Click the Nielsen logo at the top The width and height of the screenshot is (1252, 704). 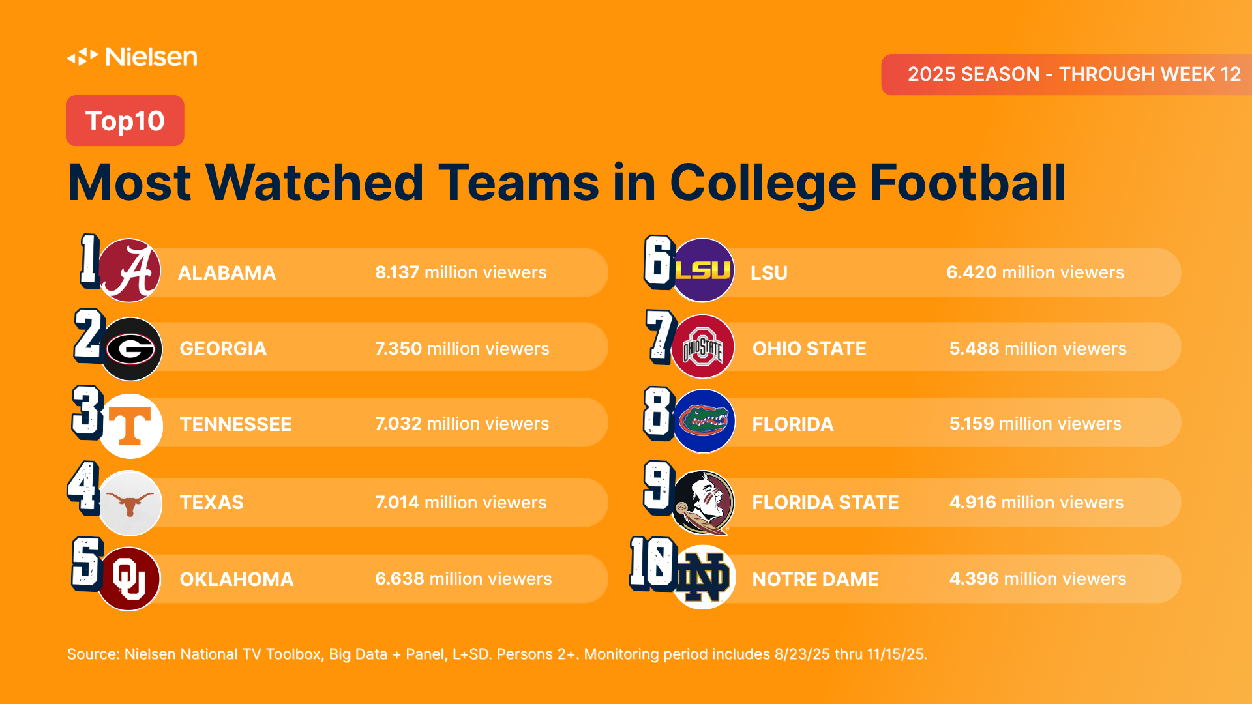(132, 57)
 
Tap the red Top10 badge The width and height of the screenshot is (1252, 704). (125, 121)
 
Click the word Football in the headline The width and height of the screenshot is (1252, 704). (968, 183)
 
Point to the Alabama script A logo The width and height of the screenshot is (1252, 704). (130, 271)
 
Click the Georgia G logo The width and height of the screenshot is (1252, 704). (130, 349)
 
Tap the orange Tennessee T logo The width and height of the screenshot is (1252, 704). (131, 426)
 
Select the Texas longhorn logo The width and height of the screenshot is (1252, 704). (130, 503)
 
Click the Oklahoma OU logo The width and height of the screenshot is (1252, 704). (128, 579)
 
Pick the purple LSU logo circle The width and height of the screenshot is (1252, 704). (703, 270)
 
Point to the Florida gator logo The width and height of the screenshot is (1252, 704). (704, 421)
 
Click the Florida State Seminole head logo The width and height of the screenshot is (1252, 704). (703, 502)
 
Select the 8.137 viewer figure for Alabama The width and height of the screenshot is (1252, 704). (397, 272)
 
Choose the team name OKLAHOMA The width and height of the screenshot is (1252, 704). (236, 579)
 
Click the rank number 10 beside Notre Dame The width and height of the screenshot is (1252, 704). (651, 564)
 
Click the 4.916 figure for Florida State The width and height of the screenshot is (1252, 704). (972, 503)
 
